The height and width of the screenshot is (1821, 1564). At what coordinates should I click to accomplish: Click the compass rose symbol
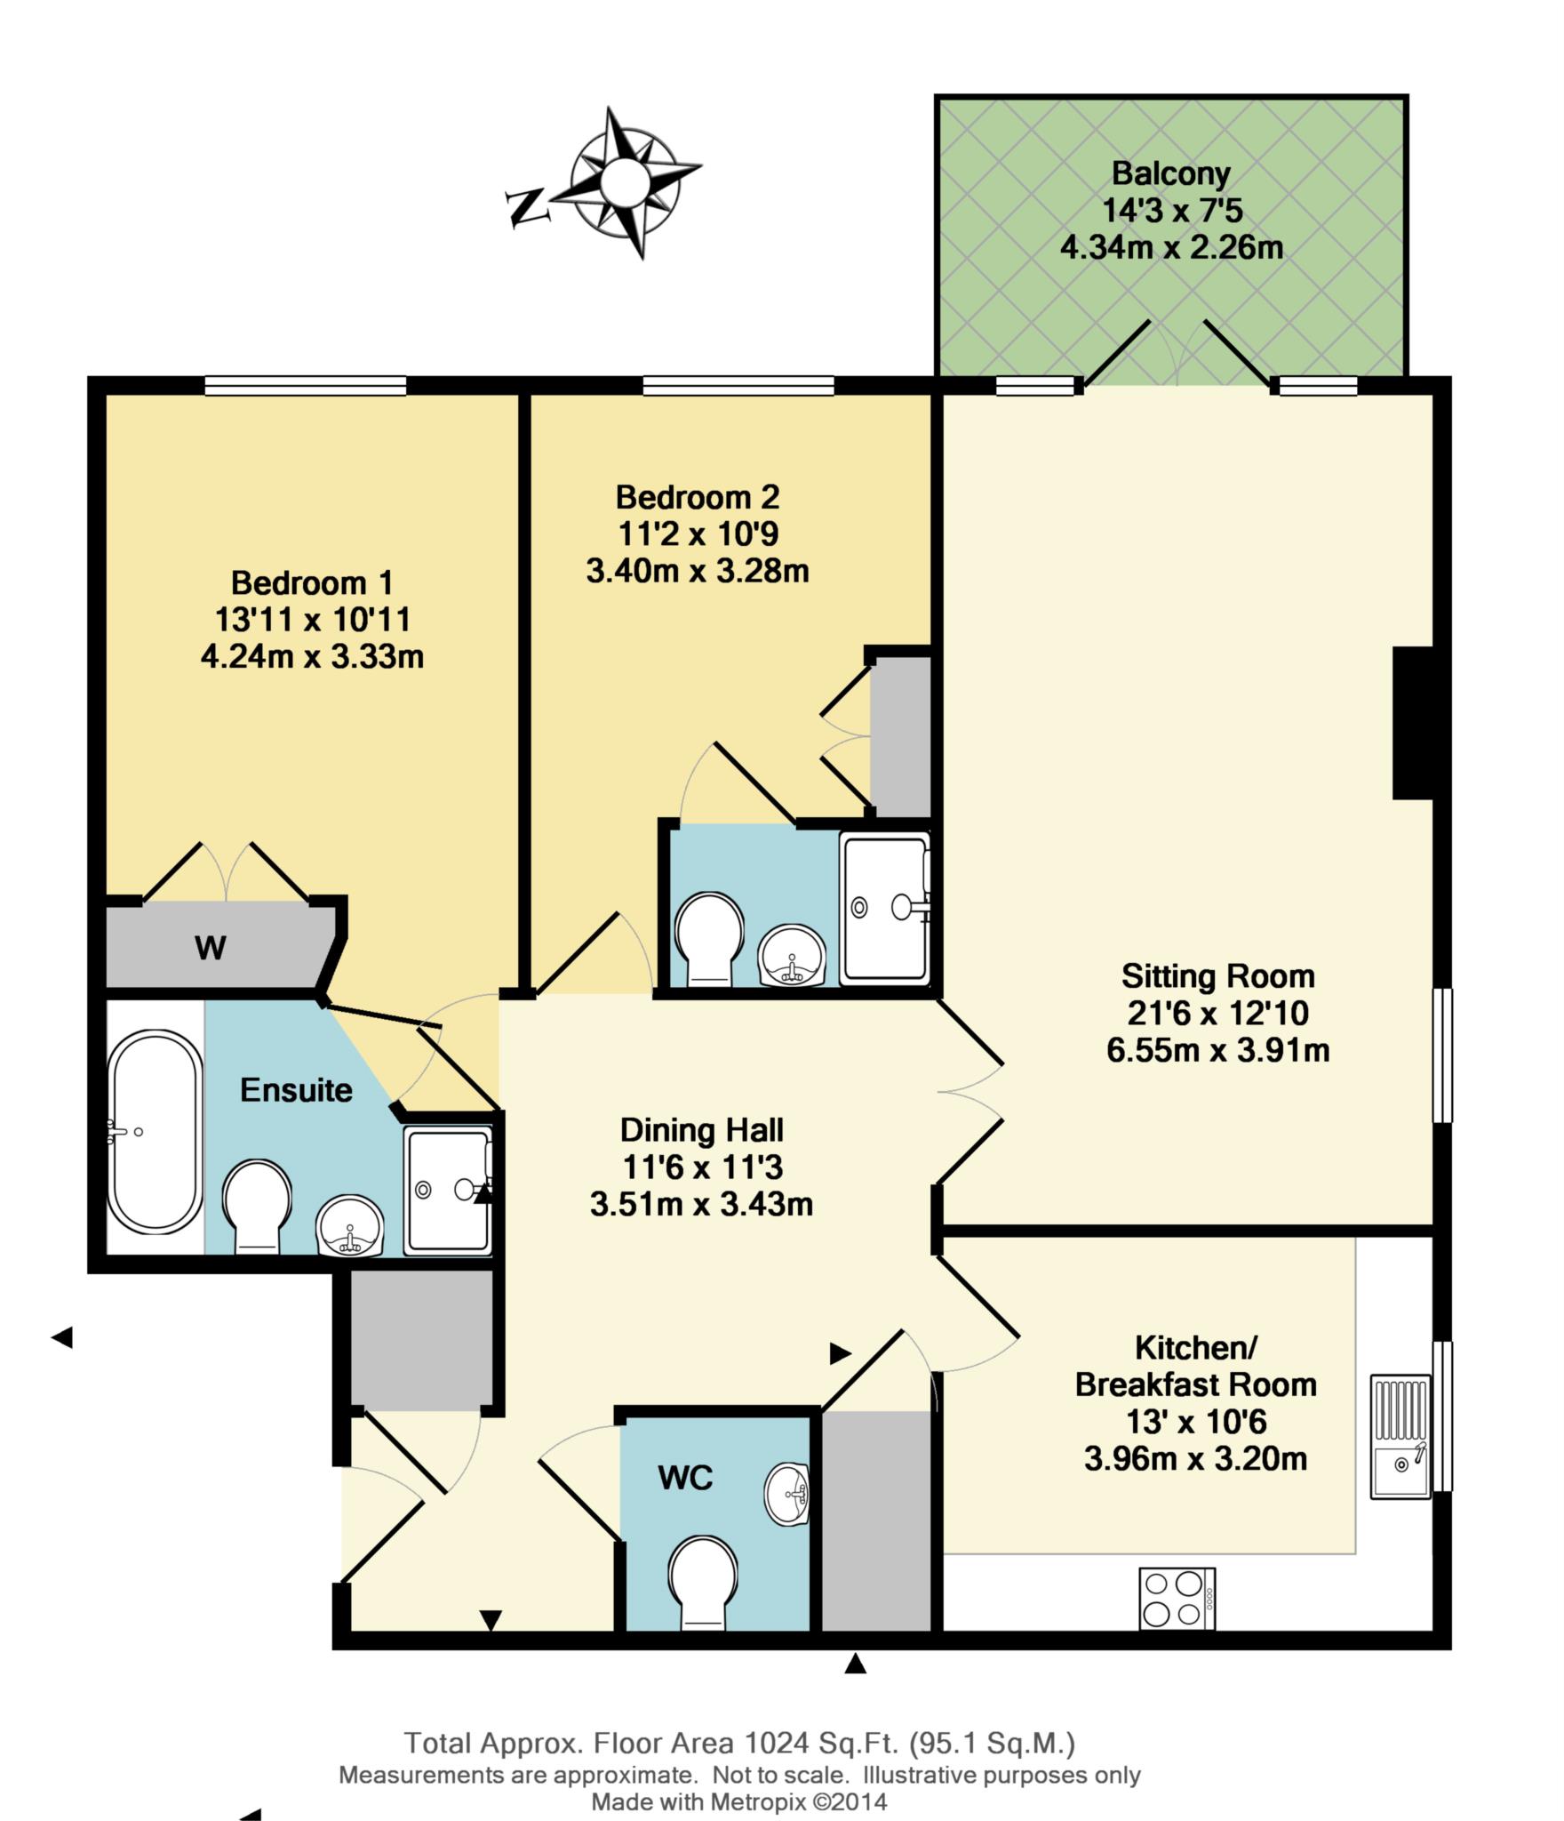[x=624, y=183]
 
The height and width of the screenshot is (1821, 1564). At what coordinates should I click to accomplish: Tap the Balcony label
[x=1170, y=173]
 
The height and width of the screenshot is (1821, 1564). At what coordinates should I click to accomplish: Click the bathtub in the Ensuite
[x=153, y=1130]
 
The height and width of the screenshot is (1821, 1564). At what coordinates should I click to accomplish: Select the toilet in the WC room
[x=703, y=1583]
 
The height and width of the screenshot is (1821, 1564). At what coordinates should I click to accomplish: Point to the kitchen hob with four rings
[x=1176, y=1598]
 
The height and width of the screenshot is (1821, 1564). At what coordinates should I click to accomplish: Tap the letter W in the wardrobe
[x=210, y=948]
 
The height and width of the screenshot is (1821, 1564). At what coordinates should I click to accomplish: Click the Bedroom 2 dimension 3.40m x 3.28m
[x=698, y=571]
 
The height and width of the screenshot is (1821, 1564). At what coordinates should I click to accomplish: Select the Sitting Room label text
[x=1217, y=976]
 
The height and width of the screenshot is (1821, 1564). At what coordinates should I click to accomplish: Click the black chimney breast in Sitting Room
[x=1412, y=722]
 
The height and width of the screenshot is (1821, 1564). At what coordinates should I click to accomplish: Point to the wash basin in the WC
[x=787, y=1494]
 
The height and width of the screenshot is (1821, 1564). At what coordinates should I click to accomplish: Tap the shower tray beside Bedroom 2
[x=883, y=908]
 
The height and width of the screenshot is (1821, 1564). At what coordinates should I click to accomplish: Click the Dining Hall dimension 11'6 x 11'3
[x=701, y=1167]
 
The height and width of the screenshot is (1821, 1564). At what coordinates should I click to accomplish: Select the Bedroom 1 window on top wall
[x=305, y=385]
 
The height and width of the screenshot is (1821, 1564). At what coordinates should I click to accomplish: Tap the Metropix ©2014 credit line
[x=739, y=1802]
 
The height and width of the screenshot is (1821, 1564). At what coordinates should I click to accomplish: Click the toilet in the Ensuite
[x=256, y=1206]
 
